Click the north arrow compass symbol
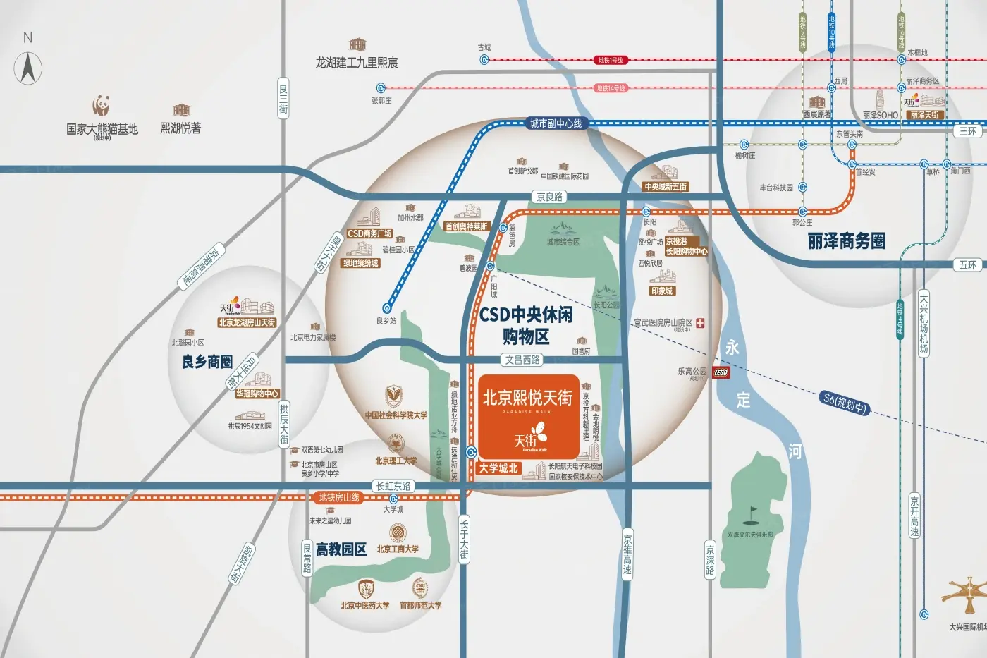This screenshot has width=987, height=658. [x=28, y=68]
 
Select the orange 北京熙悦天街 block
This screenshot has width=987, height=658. [x=528, y=415]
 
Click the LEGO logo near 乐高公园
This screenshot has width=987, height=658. [x=720, y=372]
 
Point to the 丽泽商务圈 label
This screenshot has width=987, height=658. [x=846, y=241]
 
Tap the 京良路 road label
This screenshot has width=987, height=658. [x=549, y=197]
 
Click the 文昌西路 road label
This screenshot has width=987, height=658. [x=522, y=360]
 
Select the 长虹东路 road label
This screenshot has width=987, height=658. [x=393, y=486]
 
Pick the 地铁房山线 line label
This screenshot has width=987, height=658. [x=339, y=497]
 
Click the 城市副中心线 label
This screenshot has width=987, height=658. [x=556, y=123]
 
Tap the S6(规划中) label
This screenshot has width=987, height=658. [x=845, y=403]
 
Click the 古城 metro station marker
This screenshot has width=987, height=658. [x=484, y=60]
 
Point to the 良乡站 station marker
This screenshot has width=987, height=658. [x=386, y=308]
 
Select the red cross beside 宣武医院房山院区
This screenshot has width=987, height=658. [x=700, y=323]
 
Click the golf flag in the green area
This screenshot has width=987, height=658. [x=753, y=510]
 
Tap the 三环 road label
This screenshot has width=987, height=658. [x=968, y=131]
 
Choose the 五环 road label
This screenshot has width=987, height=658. [x=968, y=264]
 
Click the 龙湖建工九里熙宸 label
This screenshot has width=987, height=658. [x=356, y=63]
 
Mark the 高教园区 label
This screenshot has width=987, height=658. [x=341, y=549]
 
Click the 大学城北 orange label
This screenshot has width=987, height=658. [x=498, y=468]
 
